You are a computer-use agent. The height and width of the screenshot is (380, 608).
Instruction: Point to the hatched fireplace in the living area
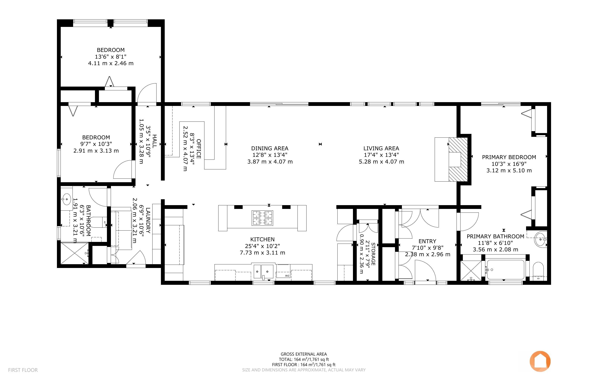pos(458,159)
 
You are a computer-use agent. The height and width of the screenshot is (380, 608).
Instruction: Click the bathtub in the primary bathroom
pos(505,270)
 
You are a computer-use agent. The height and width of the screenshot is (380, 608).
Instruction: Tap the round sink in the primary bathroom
pos(540,240)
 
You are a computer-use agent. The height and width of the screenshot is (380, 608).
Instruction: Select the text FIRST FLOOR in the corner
pos(23,370)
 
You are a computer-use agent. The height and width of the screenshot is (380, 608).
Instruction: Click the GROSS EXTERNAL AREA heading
pos(304,354)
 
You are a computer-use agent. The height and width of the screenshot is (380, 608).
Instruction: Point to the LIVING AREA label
pos(381,148)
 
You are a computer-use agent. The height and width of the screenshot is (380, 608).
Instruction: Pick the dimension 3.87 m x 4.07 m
pos(270,162)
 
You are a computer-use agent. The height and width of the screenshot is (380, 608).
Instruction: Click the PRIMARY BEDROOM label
pos(509,157)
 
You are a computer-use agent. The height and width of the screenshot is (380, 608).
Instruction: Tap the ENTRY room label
pos(428,241)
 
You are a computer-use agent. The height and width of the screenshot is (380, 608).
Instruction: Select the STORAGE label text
pos(373,254)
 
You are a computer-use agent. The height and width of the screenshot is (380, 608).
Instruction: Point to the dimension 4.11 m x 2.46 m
pos(111,63)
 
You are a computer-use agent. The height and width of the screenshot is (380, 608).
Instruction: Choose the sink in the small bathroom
pos(67,199)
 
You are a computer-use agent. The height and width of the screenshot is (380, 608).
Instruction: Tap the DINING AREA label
pos(270,148)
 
